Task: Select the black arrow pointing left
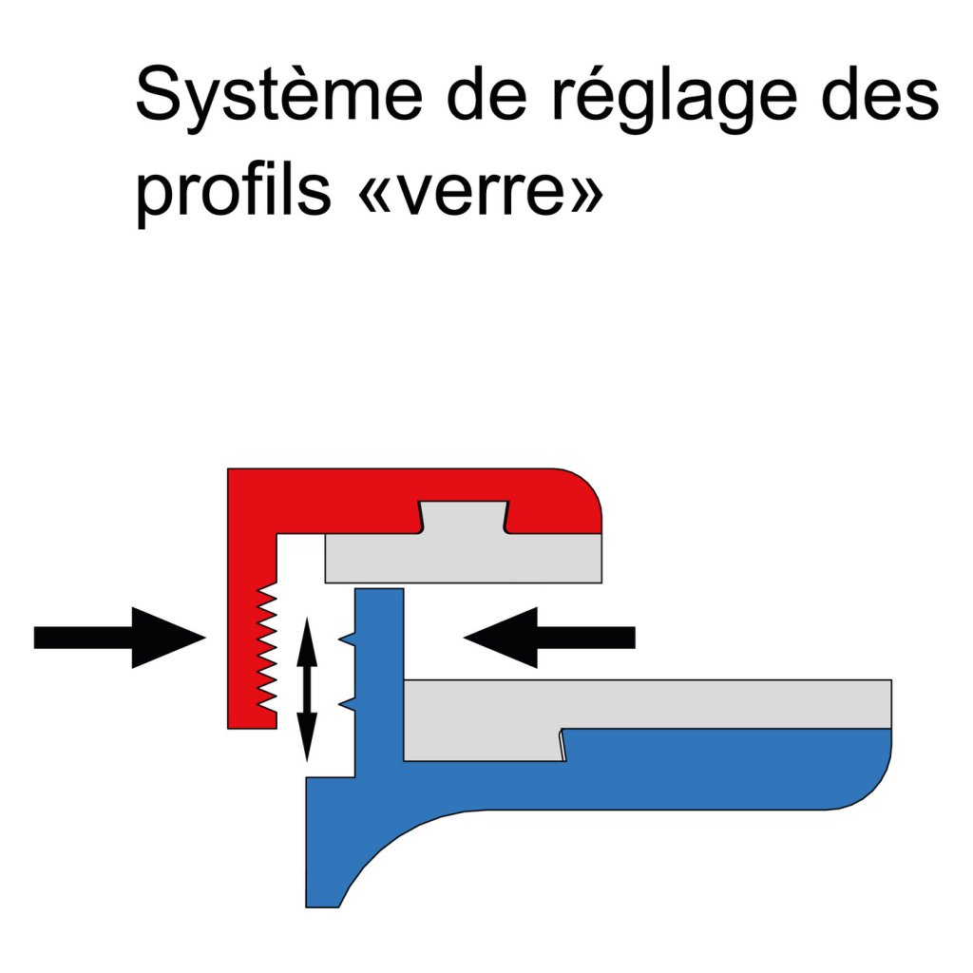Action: click(551, 637)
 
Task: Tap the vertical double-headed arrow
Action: click(306, 689)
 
